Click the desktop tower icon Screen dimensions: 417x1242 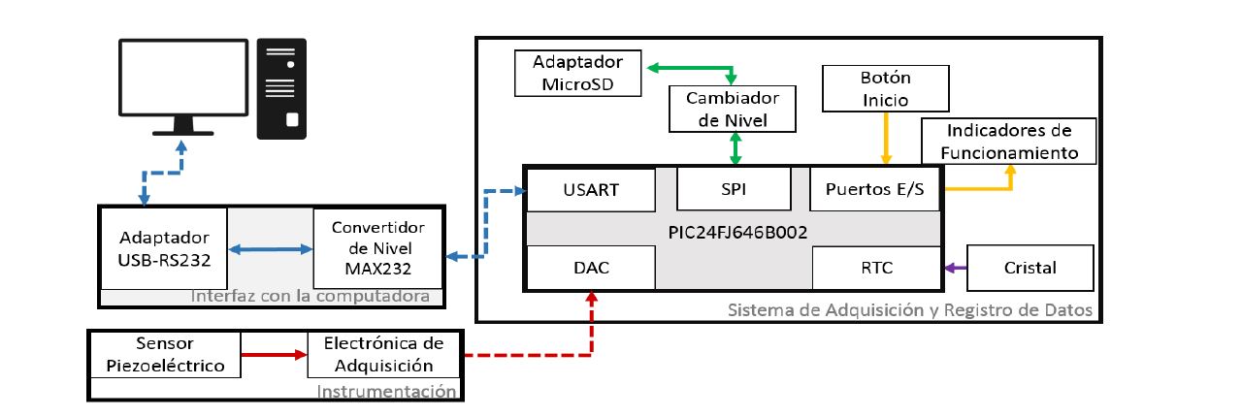[x=281, y=89]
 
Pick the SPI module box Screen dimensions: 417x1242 [x=734, y=189]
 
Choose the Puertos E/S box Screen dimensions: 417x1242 [x=875, y=189]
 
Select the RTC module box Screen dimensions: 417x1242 [x=875, y=268]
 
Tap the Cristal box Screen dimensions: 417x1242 [x=1030, y=268]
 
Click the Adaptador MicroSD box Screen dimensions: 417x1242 [x=578, y=74]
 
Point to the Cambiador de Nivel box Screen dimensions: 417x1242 [x=734, y=109]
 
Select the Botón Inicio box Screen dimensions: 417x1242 [x=885, y=88]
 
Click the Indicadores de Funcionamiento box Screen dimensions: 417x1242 [x=1007, y=142]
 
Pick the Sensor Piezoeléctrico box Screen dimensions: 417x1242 [x=164, y=355]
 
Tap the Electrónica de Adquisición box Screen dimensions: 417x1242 [x=383, y=355]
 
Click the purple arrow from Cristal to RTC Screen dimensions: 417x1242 [x=956, y=268]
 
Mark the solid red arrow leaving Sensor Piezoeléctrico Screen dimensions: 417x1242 [x=274, y=355]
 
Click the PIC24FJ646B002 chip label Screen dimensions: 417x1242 [x=734, y=234]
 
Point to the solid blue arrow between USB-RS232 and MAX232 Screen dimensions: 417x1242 [x=270, y=250]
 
